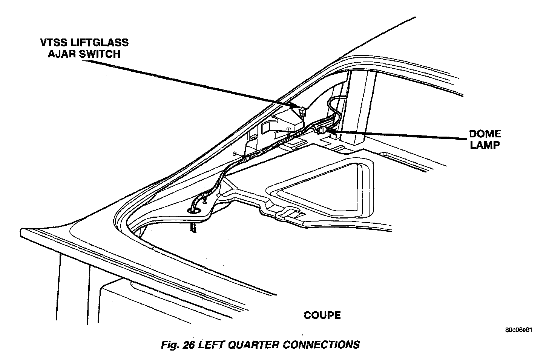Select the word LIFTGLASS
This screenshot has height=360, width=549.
coord(101,42)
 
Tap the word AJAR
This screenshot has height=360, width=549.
coord(61,54)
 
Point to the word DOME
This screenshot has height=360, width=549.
coord(485,134)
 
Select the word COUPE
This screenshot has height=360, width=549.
coord(322,315)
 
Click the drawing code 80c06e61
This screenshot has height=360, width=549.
coord(518,329)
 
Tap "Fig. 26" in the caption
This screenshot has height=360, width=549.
coord(176,345)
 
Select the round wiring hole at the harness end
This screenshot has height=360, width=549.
coord(195,210)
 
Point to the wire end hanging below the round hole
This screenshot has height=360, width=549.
coord(193,227)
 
